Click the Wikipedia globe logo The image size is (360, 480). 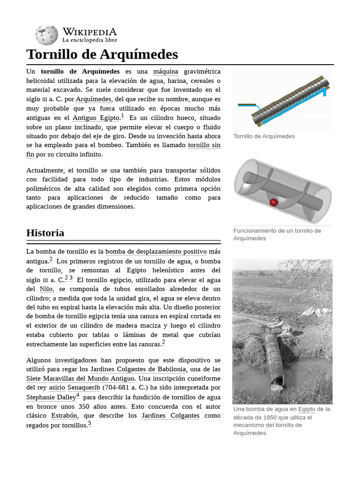click(x=46, y=35)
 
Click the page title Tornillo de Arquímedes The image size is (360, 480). click(x=102, y=54)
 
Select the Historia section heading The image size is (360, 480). click(x=45, y=233)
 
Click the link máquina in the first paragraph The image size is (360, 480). click(x=165, y=72)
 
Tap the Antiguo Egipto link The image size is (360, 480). click(x=96, y=118)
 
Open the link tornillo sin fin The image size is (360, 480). click(x=204, y=145)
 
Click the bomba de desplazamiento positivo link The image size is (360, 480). click(x=156, y=252)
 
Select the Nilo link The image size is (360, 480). click(x=46, y=289)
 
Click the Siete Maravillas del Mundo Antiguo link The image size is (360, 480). click(x=81, y=379)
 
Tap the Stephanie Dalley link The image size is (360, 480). click(x=51, y=397)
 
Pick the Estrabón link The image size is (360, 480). click(x=64, y=416)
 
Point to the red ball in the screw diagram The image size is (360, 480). click(x=274, y=202)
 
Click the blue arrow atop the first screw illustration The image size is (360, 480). click(x=324, y=91)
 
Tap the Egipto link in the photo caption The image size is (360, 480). click(x=307, y=409)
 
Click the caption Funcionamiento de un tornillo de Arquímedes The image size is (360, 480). click(x=277, y=234)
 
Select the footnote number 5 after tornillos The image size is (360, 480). click(x=90, y=423)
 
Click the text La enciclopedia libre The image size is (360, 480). click(x=90, y=40)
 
